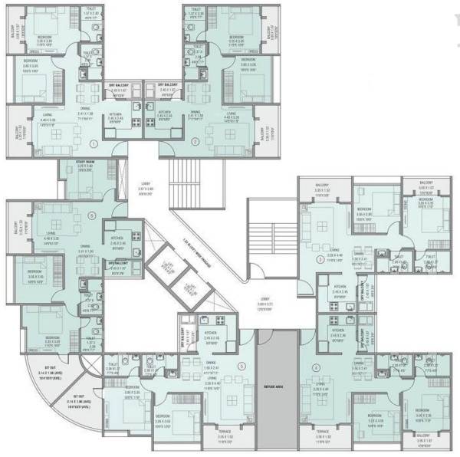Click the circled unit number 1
pos(94,143)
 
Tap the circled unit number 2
pos(195,142)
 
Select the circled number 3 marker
pos(320,261)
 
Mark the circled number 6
pos(91,216)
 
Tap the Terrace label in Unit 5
pos(225,432)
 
